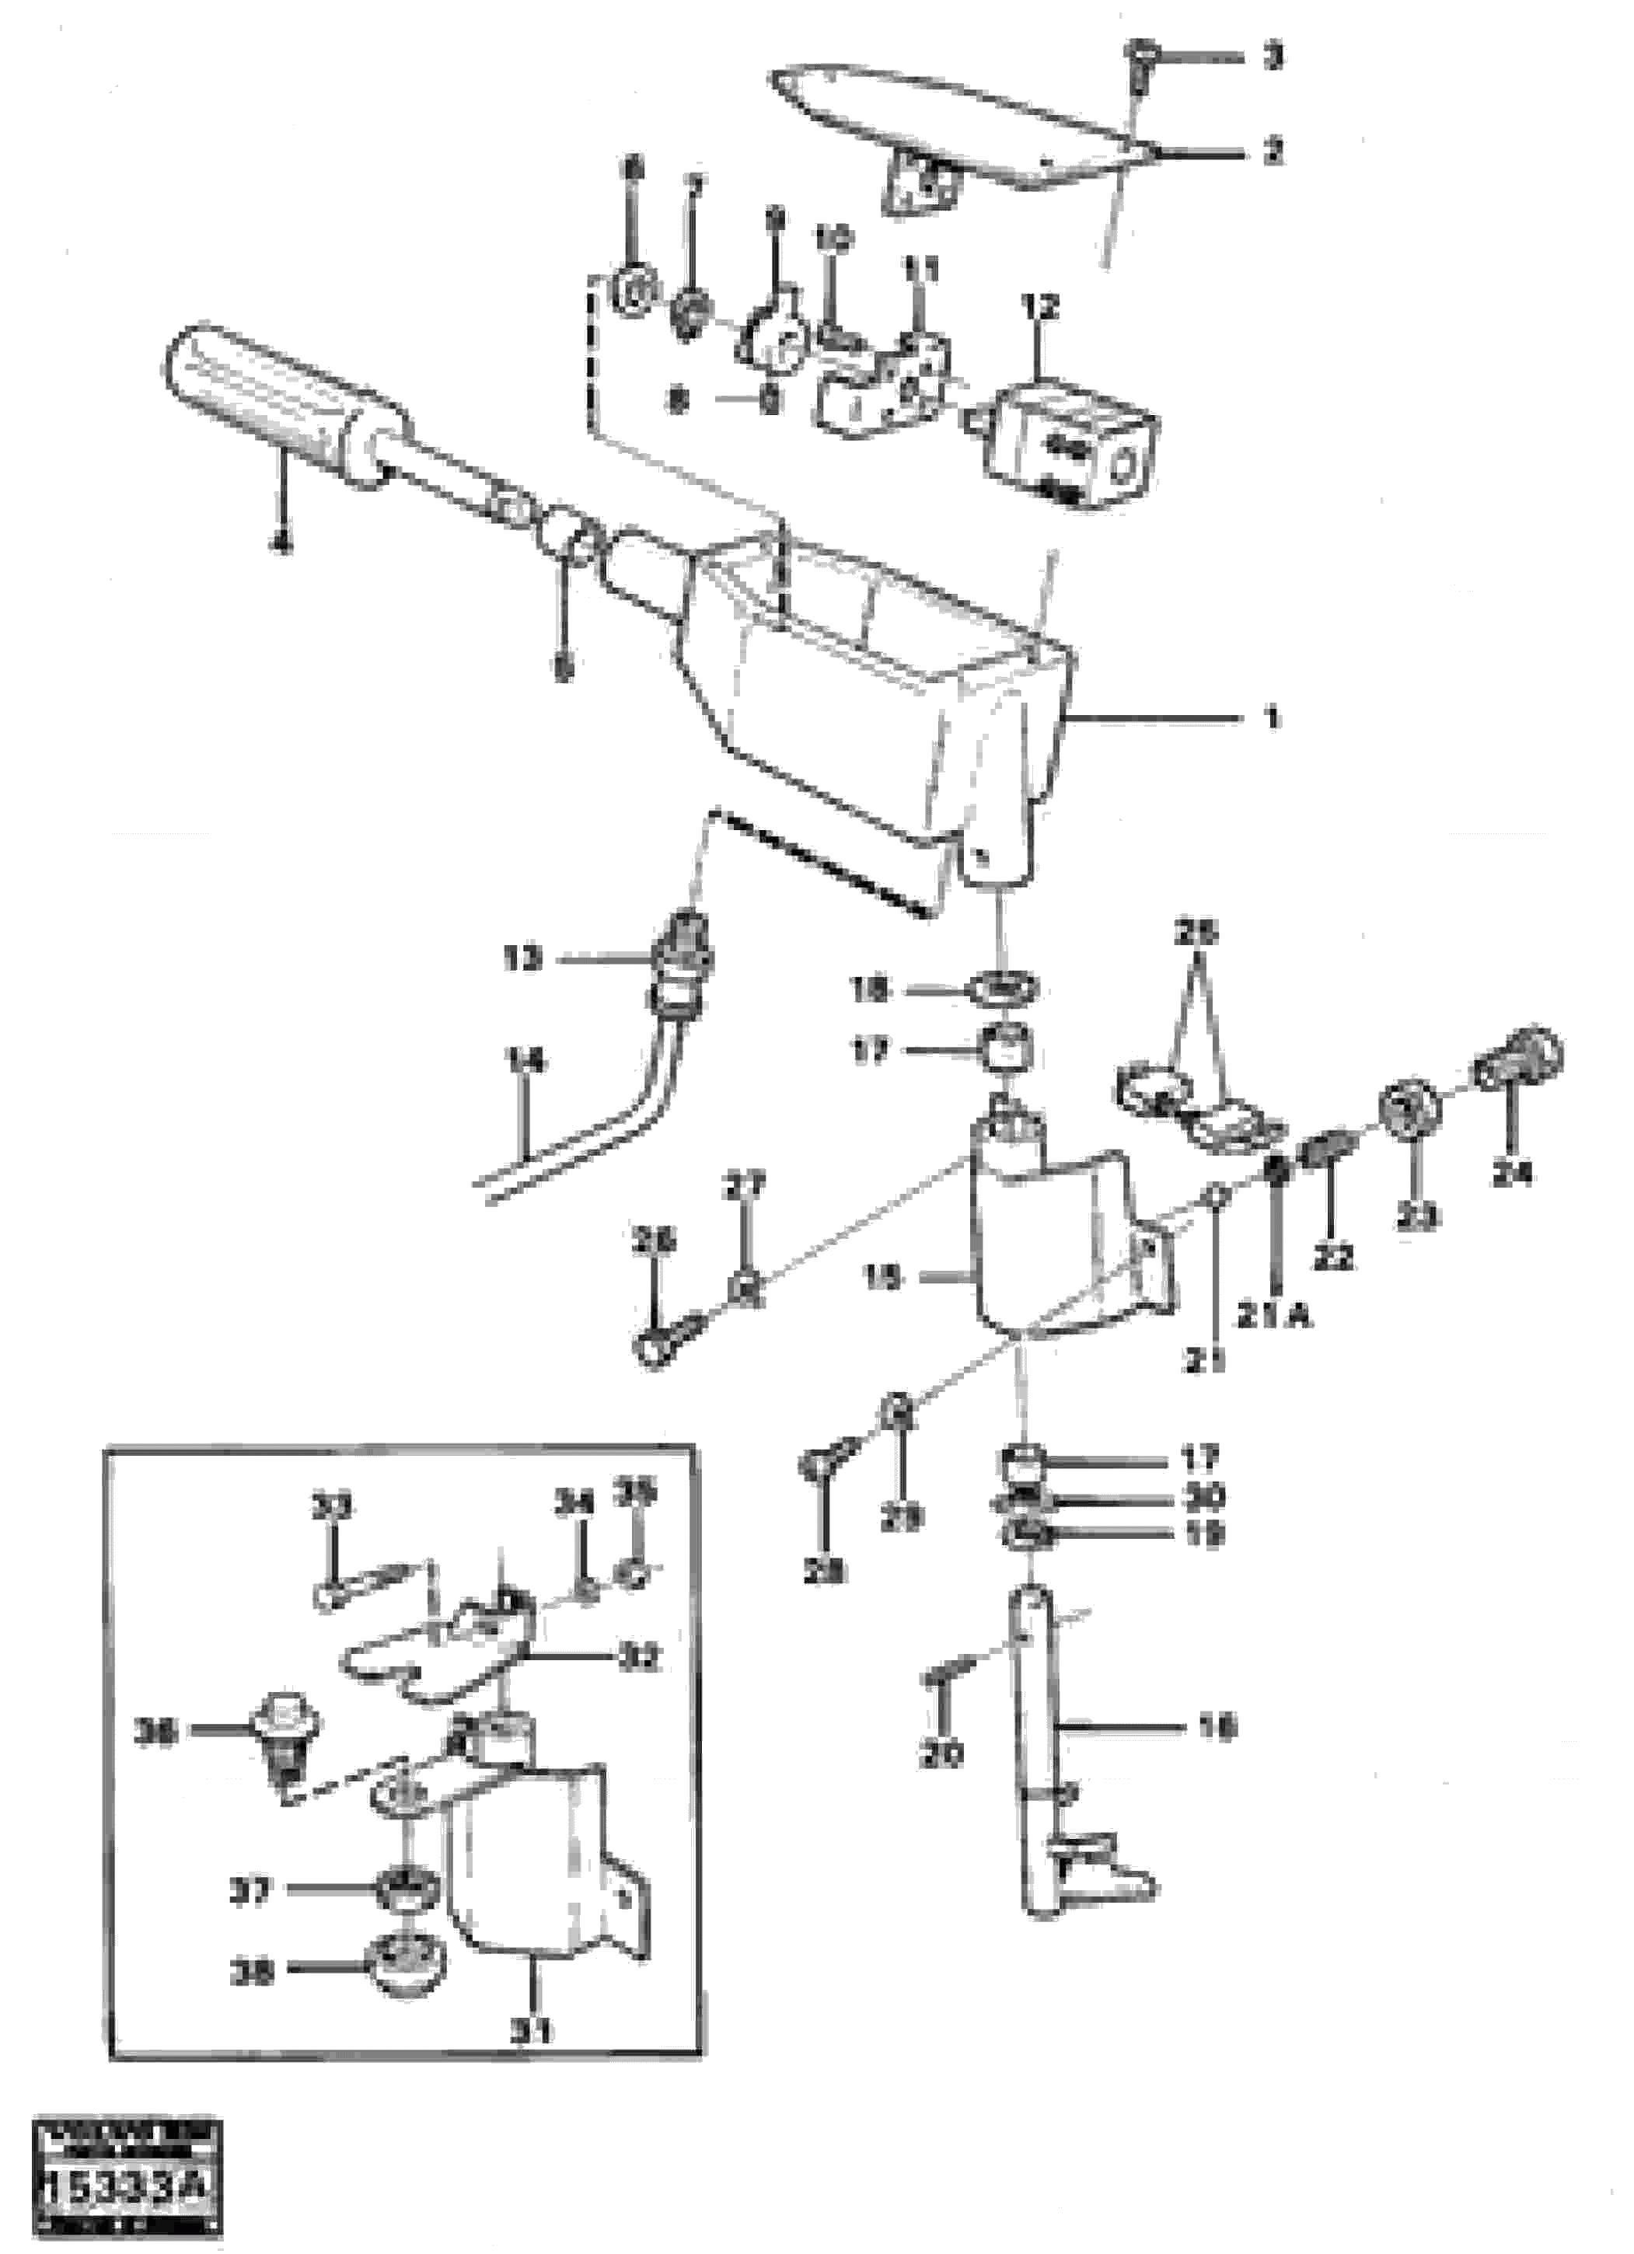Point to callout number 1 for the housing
pos(1273,717)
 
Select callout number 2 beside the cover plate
pos(1273,152)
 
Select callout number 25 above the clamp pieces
pos(1195,934)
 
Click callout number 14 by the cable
pos(525,1062)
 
